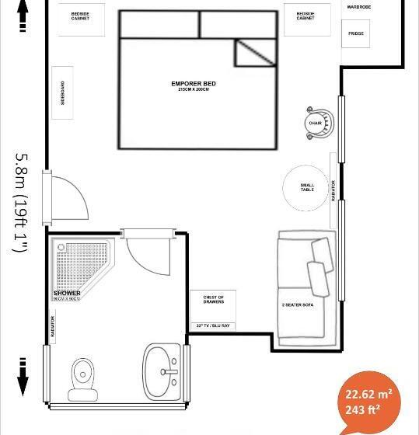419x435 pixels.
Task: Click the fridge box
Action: (356, 34)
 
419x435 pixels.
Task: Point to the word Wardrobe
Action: (359, 6)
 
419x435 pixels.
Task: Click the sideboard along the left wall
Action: (63, 92)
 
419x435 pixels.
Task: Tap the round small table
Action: (308, 188)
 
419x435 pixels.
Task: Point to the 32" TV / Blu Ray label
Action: (213, 325)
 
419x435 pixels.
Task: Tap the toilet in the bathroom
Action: (81, 378)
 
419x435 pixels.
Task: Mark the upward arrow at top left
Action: (22, 14)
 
